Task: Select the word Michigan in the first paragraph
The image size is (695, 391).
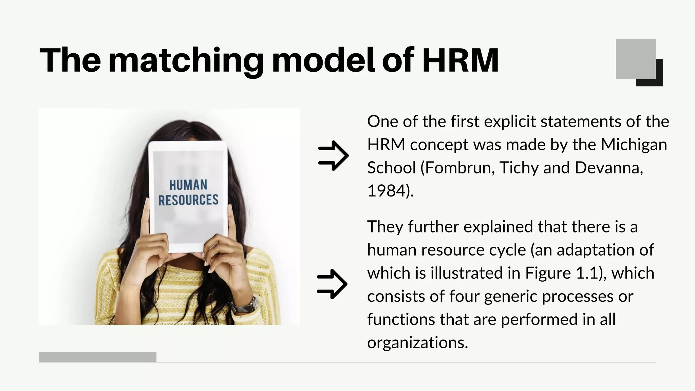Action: [634, 145]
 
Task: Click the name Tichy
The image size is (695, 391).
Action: [519, 168]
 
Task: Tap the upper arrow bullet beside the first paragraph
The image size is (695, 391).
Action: [333, 155]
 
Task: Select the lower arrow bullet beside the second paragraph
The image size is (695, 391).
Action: [332, 284]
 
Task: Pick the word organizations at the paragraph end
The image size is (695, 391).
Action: [417, 343]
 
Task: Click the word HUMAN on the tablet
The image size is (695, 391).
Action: [188, 185]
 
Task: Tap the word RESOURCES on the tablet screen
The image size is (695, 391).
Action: [188, 200]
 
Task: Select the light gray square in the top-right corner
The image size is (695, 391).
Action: [635, 59]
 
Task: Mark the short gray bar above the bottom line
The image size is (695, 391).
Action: [98, 357]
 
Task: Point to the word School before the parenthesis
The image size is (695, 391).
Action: [391, 168]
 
